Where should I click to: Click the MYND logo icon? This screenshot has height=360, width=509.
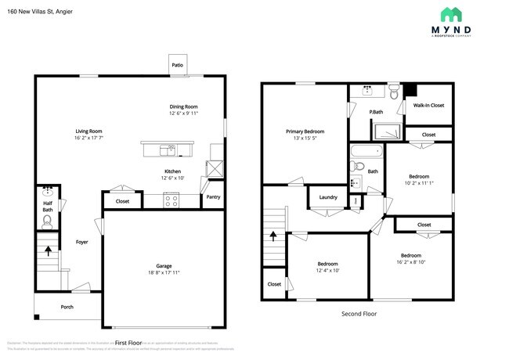pyautogui.click(x=450, y=13)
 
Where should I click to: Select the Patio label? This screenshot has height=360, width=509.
pyautogui.click(x=178, y=65)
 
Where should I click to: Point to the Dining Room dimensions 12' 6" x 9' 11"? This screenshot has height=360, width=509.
pyautogui.click(x=184, y=113)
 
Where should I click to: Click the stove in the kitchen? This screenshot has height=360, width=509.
pyautogui.click(x=172, y=200)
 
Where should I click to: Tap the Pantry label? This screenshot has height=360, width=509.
pyautogui.click(x=213, y=197)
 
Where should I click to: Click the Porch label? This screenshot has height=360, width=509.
pyautogui.click(x=67, y=307)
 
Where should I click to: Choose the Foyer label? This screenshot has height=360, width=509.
pyautogui.click(x=81, y=242)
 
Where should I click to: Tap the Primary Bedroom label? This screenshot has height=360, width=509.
pyautogui.click(x=305, y=131)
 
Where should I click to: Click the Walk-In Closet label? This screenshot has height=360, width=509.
pyautogui.click(x=428, y=105)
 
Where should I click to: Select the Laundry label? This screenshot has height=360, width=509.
pyautogui.click(x=328, y=196)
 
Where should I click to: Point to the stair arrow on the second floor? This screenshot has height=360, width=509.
pyautogui.click(x=273, y=235)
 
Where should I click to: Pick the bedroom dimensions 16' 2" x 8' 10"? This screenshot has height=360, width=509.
pyautogui.click(x=411, y=263)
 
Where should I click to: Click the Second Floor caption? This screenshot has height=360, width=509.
pyautogui.click(x=359, y=313)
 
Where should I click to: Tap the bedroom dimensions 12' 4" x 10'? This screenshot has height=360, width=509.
pyautogui.click(x=327, y=271)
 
